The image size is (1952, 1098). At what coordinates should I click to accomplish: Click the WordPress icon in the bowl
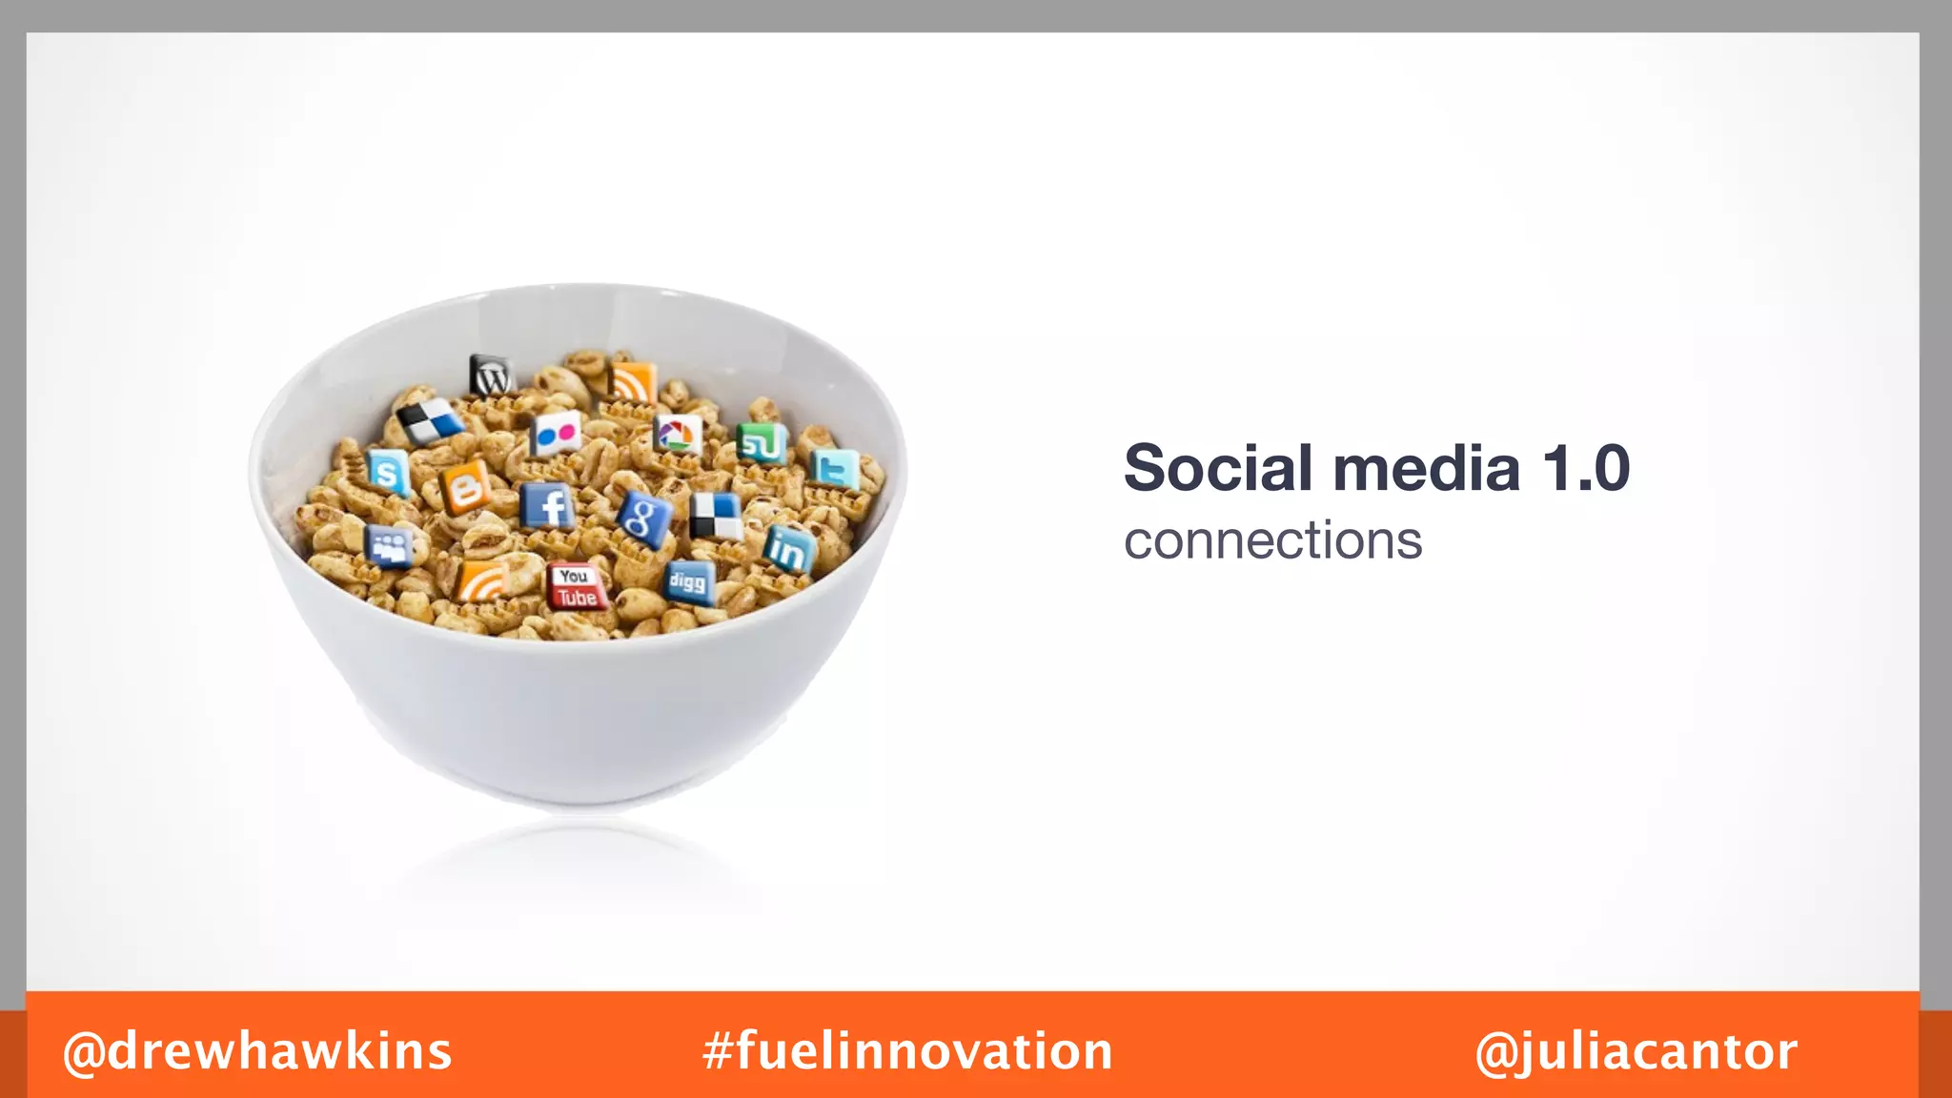click(492, 376)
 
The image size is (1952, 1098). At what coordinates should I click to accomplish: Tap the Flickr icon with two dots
click(556, 435)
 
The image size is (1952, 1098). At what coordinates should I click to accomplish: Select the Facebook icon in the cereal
click(549, 506)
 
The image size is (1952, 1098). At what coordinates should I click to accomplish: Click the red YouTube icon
click(577, 586)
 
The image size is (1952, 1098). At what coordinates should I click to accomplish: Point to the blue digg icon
click(688, 581)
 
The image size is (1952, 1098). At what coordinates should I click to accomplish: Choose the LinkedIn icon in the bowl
click(788, 549)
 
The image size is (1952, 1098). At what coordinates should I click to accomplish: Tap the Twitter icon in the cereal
click(835, 469)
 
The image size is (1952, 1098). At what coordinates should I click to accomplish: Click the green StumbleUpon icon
click(761, 443)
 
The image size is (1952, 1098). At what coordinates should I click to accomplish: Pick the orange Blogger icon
click(464, 488)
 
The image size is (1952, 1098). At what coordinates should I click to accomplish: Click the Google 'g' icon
click(643, 518)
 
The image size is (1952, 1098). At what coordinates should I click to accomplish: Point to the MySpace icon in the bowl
click(389, 546)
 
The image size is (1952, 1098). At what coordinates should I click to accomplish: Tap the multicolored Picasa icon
click(677, 436)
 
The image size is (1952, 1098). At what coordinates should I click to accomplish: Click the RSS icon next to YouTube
click(482, 581)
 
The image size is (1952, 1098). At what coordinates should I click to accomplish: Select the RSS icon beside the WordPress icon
click(632, 383)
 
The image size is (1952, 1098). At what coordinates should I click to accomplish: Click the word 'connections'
click(1272, 541)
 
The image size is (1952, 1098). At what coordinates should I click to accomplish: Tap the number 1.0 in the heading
click(1586, 468)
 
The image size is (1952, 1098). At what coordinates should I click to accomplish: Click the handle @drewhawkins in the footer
click(257, 1051)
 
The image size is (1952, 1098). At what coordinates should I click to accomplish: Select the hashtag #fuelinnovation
click(907, 1051)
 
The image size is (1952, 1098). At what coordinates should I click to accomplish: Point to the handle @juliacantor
click(1636, 1052)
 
